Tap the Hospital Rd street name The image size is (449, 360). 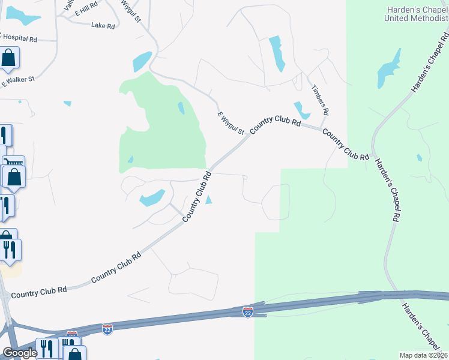(19, 39)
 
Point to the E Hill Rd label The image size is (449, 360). (85, 10)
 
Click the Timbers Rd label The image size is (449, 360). (320, 100)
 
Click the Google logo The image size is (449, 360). (19, 353)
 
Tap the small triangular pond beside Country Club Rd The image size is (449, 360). (208, 200)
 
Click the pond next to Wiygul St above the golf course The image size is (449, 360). (142, 61)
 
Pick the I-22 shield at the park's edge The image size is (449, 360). (247, 312)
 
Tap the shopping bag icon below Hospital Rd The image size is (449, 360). (9, 58)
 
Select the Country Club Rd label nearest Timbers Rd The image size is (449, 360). (346, 144)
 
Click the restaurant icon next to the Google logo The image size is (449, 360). (46, 348)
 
